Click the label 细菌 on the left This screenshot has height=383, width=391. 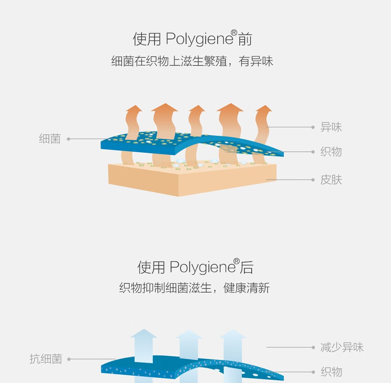coord(50,139)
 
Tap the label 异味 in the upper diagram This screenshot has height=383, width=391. coord(331,128)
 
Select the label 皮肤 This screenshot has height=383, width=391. coord(331,180)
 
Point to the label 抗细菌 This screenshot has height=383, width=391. coord(46,359)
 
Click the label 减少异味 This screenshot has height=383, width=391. coord(342,347)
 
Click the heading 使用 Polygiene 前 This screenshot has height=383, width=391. coord(192,39)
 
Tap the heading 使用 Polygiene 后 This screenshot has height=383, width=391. coord(195,267)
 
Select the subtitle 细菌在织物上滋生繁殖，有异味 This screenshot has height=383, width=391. coord(192,62)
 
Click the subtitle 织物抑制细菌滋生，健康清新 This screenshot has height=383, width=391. coord(195,288)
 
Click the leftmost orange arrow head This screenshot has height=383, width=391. coord(134,109)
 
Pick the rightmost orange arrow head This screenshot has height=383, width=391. coord(263,109)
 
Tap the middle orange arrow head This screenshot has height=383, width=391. coord(197,109)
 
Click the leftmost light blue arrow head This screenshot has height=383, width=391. coord(143,333)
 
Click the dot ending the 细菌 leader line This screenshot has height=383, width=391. coord(69,139)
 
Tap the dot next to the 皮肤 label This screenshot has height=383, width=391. coord(313,180)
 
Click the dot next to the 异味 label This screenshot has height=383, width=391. coord(313,128)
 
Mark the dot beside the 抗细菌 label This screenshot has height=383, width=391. coord(69,359)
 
